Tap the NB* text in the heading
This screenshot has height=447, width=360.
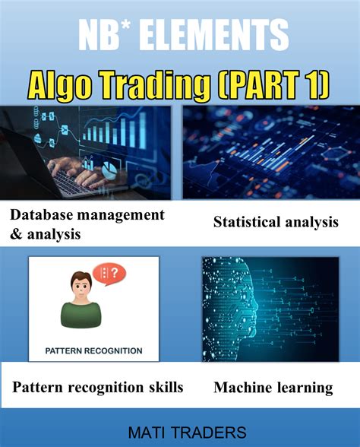(107, 36)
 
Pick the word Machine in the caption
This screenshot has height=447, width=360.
(242, 388)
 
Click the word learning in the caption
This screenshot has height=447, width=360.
(304, 388)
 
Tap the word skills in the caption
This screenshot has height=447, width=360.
(164, 388)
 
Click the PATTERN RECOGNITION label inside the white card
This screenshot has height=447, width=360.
(94, 350)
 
